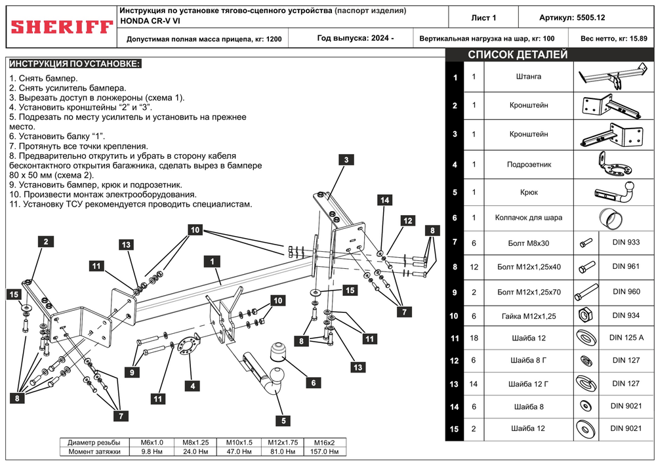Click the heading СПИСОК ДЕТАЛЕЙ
tap(518, 55)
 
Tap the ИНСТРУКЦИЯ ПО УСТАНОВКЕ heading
tap(74, 64)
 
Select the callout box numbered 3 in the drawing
tap(346, 159)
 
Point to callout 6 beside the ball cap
tap(313, 382)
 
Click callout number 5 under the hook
tap(283, 420)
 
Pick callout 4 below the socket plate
tap(193, 386)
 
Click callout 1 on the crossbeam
tap(212, 261)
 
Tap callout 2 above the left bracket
tap(45, 241)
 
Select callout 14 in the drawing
tap(384, 199)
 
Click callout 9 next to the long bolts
tap(131, 372)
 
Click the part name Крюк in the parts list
tap(529, 192)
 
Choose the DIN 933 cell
tap(626, 242)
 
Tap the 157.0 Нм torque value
tap(324, 451)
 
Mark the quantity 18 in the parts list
tap(474, 338)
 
